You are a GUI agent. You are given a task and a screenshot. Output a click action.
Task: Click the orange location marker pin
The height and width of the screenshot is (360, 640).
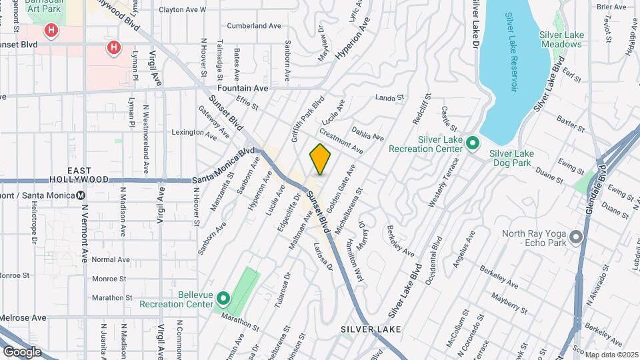coord(321,159)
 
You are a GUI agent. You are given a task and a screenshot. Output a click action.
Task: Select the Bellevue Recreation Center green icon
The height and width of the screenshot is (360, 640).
coord(223,298)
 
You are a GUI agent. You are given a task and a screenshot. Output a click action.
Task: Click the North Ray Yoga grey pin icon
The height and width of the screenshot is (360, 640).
coord(575,237)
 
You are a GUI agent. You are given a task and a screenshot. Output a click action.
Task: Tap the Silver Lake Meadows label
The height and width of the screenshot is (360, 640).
coord(561,39)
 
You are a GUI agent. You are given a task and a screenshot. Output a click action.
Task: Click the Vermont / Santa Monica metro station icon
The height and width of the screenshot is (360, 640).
coord(81,195)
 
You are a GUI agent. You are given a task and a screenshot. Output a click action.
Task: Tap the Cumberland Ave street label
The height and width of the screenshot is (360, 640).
coord(255,26)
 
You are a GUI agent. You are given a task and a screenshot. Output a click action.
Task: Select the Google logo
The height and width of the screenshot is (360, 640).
coord(21,351)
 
